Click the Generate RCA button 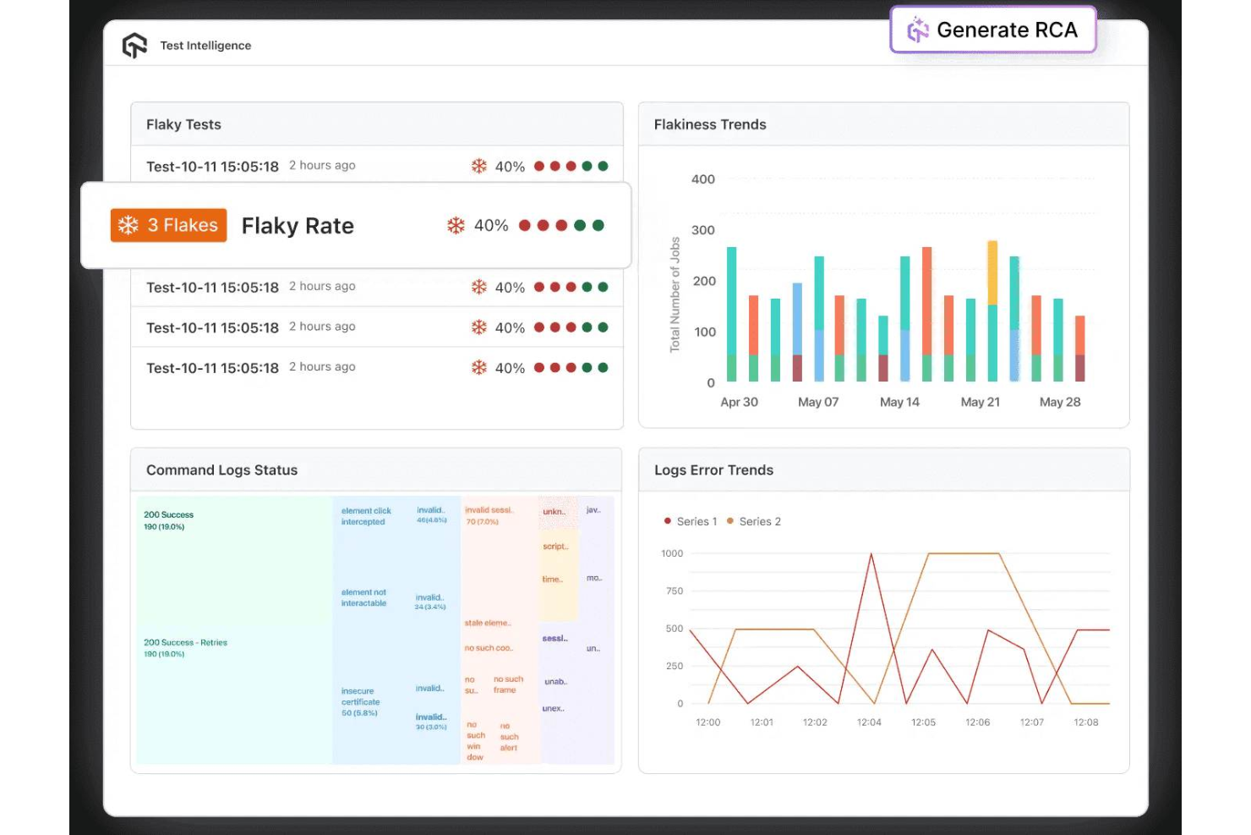click(x=993, y=30)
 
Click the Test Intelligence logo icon click(x=134, y=46)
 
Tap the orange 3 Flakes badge click(x=169, y=225)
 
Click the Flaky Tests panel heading click(x=183, y=124)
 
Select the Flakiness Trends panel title click(x=710, y=124)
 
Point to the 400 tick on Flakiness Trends click(x=703, y=179)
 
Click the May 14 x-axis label click(x=899, y=402)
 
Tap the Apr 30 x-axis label click(x=739, y=402)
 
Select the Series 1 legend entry click(x=691, y=521)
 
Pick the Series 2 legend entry click(x=755, y=521)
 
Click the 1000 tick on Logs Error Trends click(x=672, y=553)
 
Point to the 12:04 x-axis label click(x=869, y=722)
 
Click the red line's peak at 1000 click(x=871, y=554)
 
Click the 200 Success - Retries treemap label click(x=185, y=643)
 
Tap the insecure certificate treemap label click(x=360, y=697)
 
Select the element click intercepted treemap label click(x=366, y=516)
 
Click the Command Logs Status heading click(x=221, y=470)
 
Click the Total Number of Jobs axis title click(x=675, y=294)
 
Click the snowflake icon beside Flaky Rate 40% click(x=456, y=225)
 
